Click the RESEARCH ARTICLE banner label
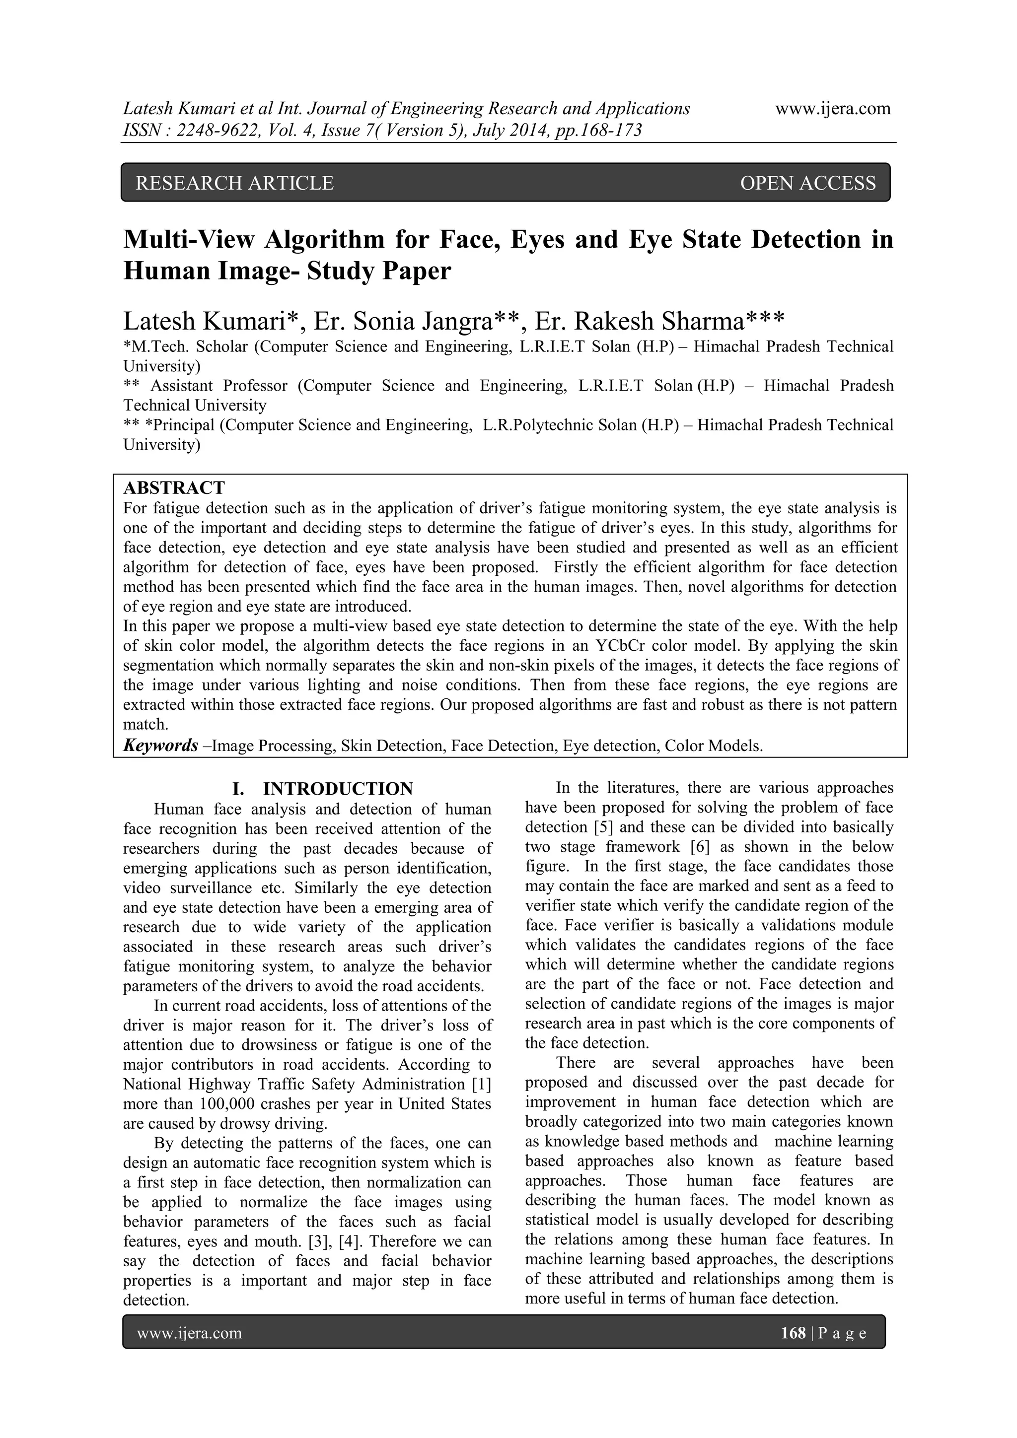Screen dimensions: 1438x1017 (x=234, y=183)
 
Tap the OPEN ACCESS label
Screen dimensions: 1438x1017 (x=808, y=183)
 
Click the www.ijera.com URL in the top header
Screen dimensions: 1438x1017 (x=833, y=109)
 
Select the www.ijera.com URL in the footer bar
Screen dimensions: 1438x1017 (x=189, y=1333)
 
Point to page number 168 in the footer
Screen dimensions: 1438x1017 (x=793, y=1333)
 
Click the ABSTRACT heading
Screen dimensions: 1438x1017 (x=174, y=487)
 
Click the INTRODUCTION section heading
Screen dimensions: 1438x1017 (x=338, y=789)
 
